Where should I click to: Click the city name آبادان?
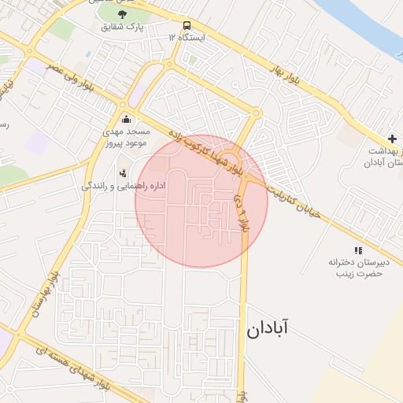point(267,329)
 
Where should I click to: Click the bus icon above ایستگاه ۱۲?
point(187,25)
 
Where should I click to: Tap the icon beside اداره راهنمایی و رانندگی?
point(123,173)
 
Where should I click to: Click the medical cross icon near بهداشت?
point(392,139)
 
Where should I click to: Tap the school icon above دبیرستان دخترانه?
point(360,250)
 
